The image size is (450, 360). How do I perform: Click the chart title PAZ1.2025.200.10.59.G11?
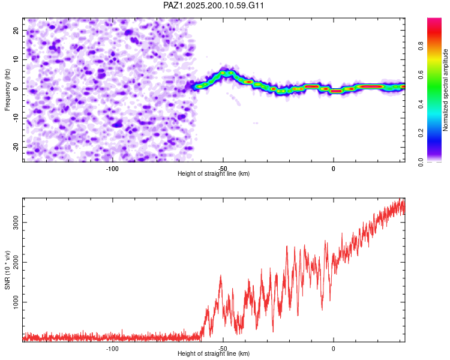click(x=214, y=5)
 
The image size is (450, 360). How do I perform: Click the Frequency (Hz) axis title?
click(x=7, y=90)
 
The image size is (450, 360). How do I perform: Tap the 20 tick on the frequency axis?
click(x=16, y=31)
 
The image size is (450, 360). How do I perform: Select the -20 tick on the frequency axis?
click(x=16, y=148)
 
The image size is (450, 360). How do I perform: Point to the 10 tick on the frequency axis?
click(x=16, y=59)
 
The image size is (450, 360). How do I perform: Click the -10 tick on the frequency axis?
click(x=16, y=118)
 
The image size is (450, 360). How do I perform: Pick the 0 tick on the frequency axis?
click(x=16, y=89)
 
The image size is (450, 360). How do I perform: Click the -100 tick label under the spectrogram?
click(x=112, y=169)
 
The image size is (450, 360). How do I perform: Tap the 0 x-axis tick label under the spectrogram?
click(x=333, y=169)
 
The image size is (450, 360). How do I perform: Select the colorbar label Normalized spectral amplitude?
click(x=445, y=90)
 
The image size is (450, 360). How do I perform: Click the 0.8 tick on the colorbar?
click(x=421, y=46)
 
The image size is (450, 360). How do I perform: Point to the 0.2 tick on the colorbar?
click(x=421, y=133)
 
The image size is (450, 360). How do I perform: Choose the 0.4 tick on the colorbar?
click(x=421, y=104)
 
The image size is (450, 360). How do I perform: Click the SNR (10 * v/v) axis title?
click(x=7, y=270)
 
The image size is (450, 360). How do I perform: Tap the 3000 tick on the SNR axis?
click(x=16, y=223)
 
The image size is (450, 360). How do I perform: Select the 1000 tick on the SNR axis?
click(x=16, y=302)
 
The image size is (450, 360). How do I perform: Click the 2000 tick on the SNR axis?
click(x=16, y=262)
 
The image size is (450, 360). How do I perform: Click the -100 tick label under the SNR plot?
click(x=112, y=349)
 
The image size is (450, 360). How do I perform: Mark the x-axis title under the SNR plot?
click(x=214, y=353)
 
